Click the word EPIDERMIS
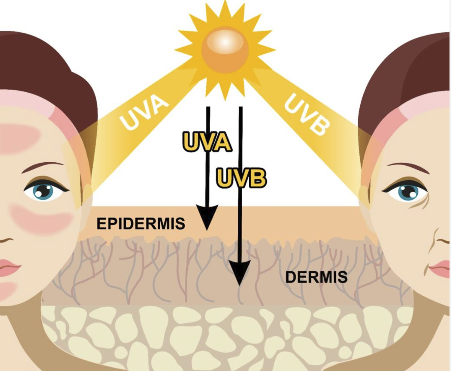[x=141, y=224]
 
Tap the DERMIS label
[x=316, y=277]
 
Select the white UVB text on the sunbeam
[x=307, y=114]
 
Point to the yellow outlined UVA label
[x=207, y=141]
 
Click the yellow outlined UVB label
[x=241, y=178]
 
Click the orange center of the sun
[x=225, y=50]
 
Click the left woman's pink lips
[x=10, y=267]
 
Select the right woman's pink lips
[x=440, y=268]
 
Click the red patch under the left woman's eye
[x=42, y=218]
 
